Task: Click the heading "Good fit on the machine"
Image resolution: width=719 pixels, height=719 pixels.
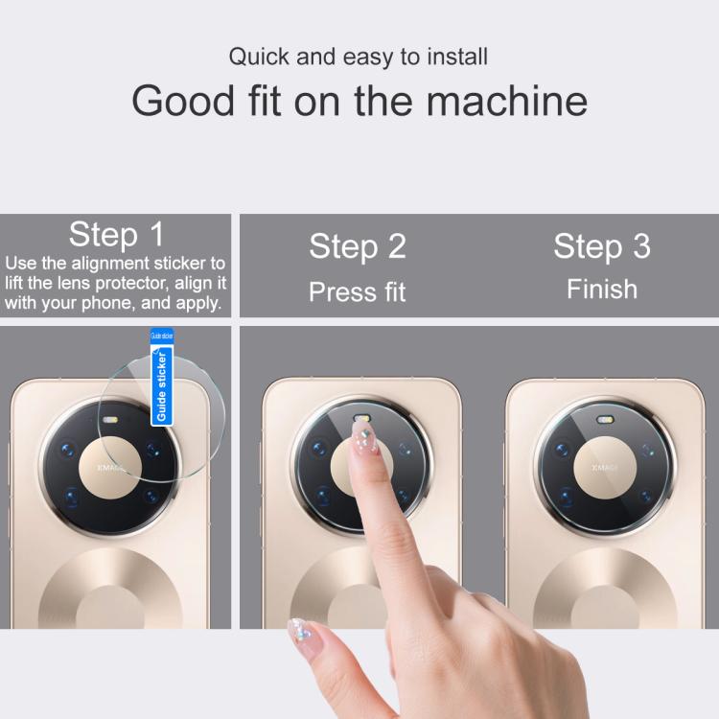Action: pos(359,101)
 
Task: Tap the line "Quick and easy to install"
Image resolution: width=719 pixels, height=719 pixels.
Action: pos(359,58)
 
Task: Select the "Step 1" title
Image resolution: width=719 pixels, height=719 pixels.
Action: pos(116,234)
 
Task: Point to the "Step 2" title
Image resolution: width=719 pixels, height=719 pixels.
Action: pos(358,246)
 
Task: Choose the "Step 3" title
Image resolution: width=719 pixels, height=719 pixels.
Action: pos(602,246)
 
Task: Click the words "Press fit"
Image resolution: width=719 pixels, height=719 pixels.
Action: pos(358,291)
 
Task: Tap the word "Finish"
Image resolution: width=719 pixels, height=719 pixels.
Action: pos(602,290)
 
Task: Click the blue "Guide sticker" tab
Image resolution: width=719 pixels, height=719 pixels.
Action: pos(161,377)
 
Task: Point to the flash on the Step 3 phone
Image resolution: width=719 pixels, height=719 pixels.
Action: pos(605,420)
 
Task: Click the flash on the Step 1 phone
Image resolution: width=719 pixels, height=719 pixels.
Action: pos(110,420)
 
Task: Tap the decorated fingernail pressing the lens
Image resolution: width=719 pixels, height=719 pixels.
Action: pos(364,437)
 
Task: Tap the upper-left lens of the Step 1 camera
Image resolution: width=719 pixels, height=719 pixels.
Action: pos(67,450)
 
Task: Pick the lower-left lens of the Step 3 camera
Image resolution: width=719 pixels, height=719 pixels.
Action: pos(566,497)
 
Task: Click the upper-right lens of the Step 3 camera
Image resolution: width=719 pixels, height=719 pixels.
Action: pos(647,450)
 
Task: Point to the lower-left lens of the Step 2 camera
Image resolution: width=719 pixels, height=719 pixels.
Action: pos(323,497)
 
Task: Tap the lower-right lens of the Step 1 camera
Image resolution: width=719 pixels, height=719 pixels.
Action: pos(151,496)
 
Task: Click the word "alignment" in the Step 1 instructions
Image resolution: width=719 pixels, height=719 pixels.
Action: pos(110,264)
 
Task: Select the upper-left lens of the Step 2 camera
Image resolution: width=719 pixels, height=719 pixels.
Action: pos(319,449)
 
